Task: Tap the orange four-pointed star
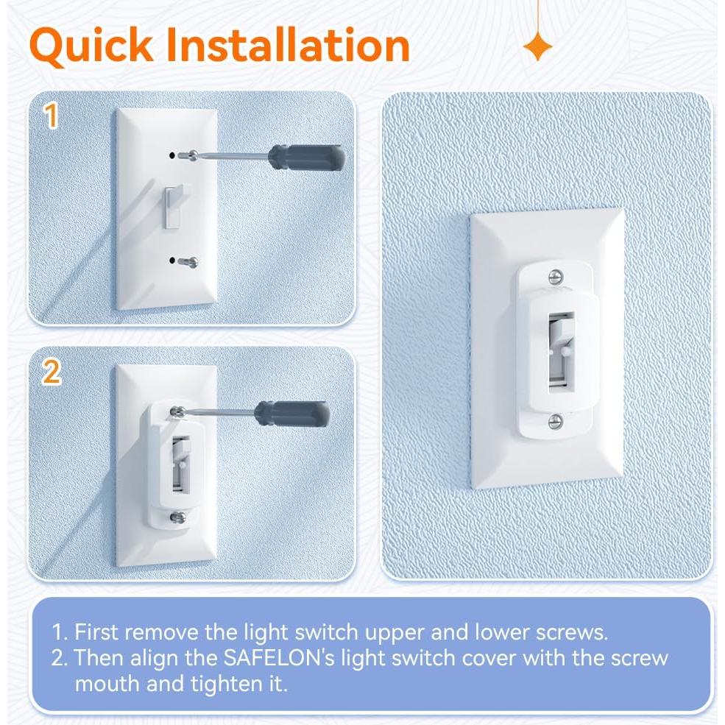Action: [538, 48]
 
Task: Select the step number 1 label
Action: [51, 117]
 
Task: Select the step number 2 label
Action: [51, 372]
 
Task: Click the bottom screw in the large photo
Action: [556, 420]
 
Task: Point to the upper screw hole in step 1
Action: [172, 155]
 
